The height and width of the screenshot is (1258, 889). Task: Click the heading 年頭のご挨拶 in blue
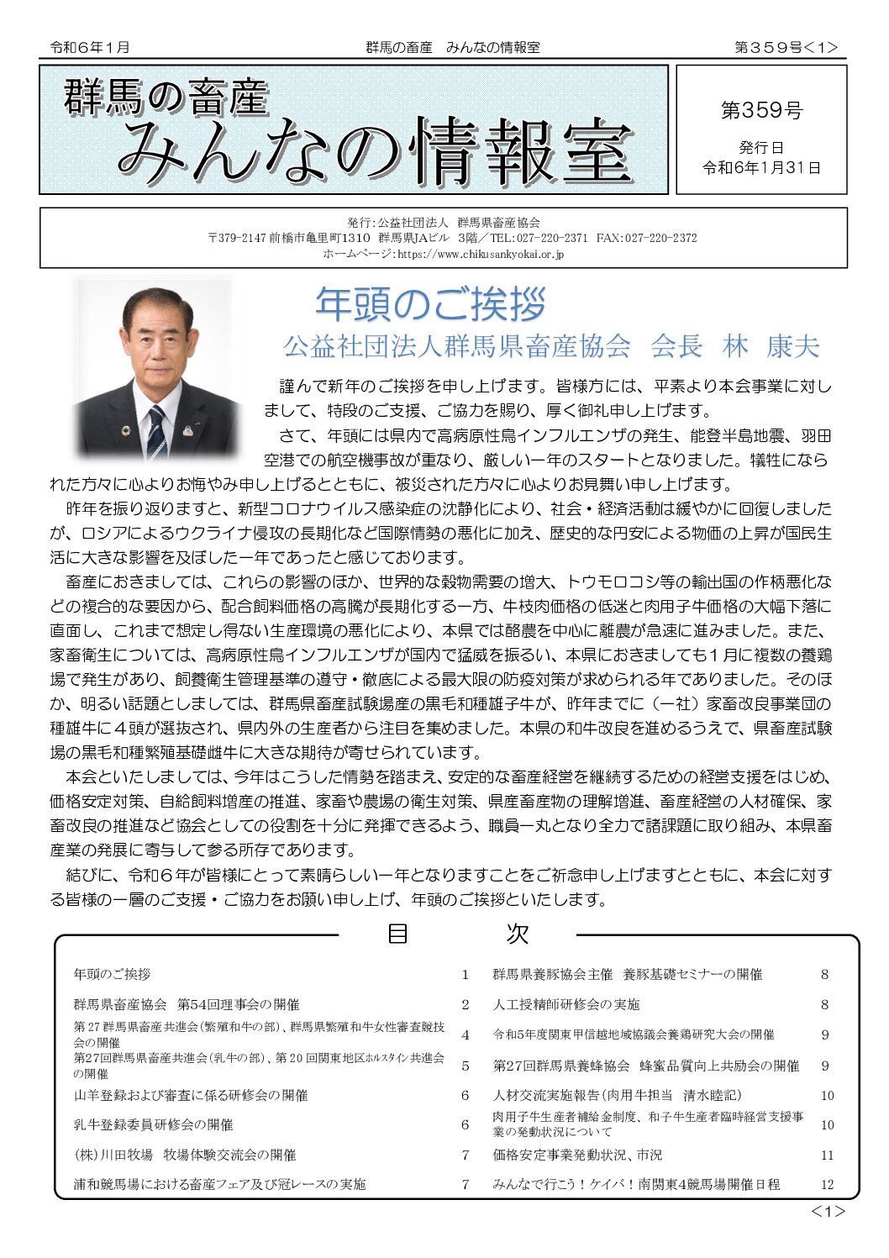(x=430, y=304)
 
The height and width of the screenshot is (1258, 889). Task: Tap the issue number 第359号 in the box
(x=761, y=110)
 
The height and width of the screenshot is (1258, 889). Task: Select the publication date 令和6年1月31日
(x=761, y=168)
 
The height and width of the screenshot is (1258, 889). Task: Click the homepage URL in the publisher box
(x=479, y=254)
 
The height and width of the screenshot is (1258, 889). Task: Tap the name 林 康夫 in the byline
(x=771, y=346)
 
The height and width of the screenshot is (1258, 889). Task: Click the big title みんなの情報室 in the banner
(x=375, y=153)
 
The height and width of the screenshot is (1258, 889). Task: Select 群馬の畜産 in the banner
(x=166, y=97)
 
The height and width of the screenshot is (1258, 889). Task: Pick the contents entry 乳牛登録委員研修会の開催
(x=153, y=1124)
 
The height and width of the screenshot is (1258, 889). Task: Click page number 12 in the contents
(x=827, y=1184)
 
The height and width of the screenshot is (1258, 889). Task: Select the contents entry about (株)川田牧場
(x=185, y=1155)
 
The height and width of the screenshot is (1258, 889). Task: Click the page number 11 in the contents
(x=827, y=1155)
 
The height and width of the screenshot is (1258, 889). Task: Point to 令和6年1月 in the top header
(x=90, y=48)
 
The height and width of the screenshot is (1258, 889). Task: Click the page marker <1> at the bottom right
(x=827, y=1211)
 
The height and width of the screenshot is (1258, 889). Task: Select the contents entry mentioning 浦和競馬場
(x=219, y=1184)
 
